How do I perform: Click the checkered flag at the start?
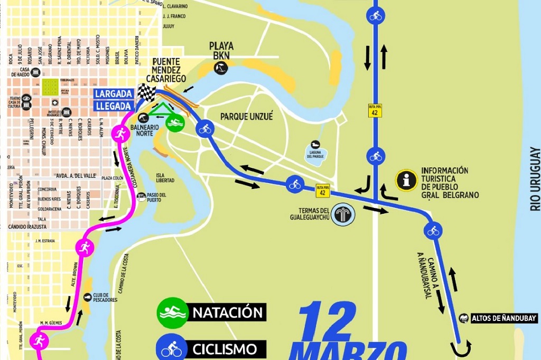pyautogui.click(x=146, y=93)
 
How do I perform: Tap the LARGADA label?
pyautogui.click(x=113, y=94)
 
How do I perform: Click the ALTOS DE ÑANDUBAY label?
pyautogui.click(x=503, y=318)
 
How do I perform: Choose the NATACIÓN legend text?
pyautogui.click(x=228, y=312)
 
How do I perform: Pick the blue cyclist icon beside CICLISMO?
pyautogui.click(x=171, y=348)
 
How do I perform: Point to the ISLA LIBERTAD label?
pyautogui.click(x=165, y=177)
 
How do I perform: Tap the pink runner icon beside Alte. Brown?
pyautogui.click(x=84, y=247)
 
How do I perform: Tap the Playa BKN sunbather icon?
pyautogui.click(x=220, y=68)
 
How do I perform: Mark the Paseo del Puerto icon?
pyautogui.click(x=141, y=197)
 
